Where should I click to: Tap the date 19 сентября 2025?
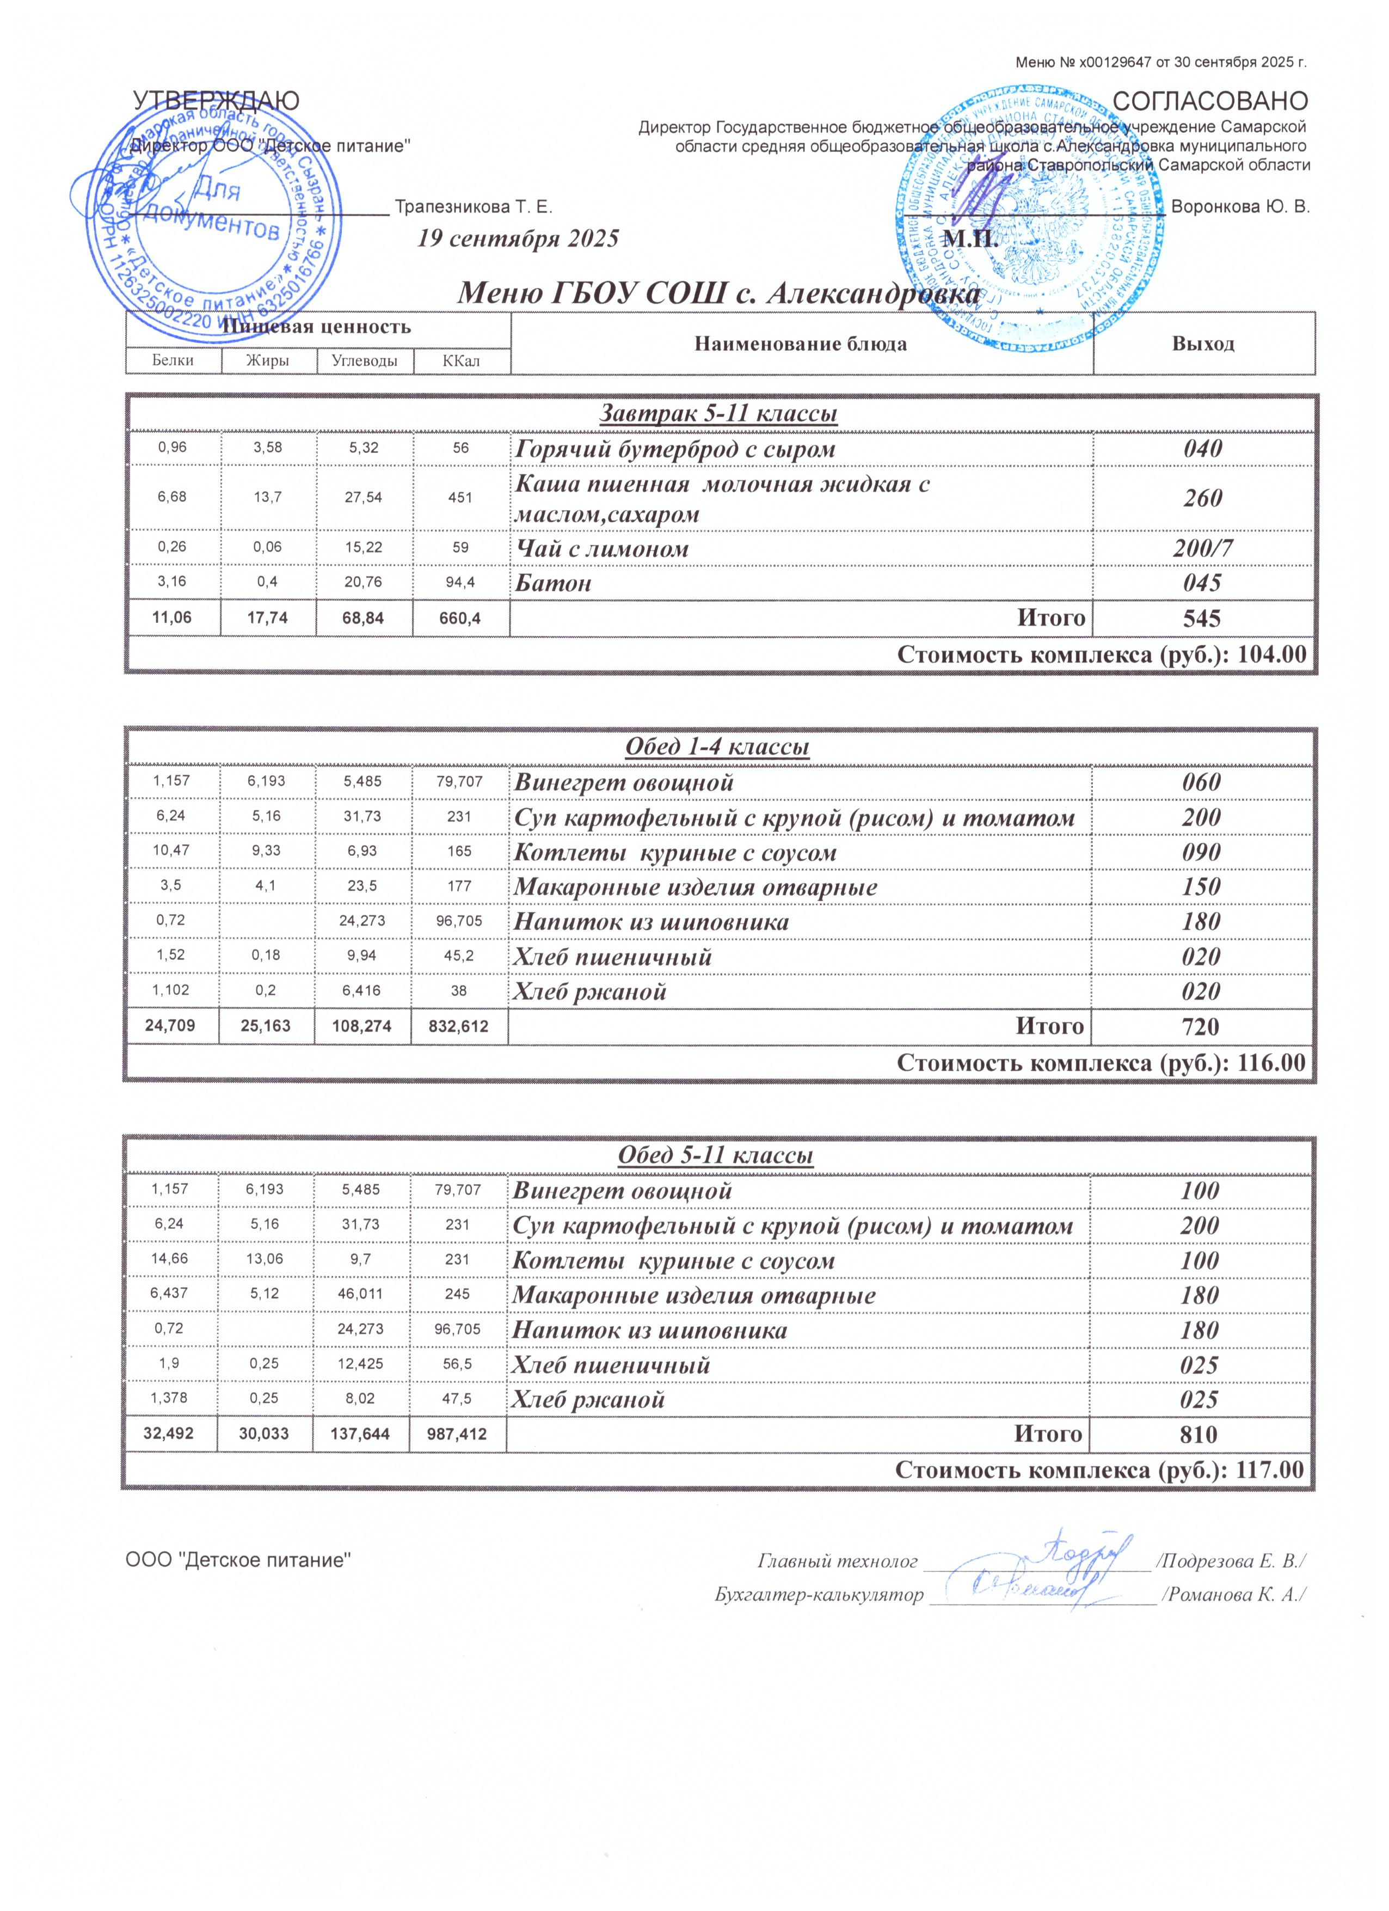click(518, 238)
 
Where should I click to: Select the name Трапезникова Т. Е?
click(474, 206)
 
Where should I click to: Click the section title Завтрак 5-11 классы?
click(718, 414)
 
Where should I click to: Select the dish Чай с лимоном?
click(601, 549)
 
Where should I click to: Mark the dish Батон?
click(552, 583)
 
